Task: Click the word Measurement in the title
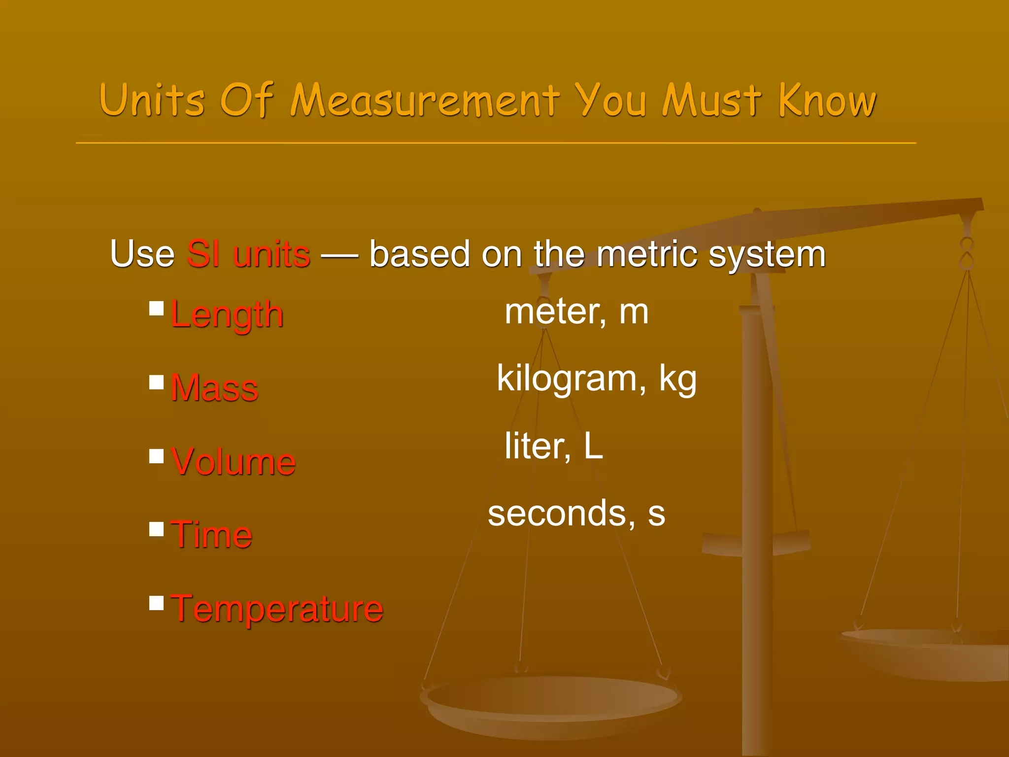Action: (425, 101)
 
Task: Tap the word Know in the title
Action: (827, 101)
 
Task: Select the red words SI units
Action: (248, 254)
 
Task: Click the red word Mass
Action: (214, 388)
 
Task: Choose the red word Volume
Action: (233, 462)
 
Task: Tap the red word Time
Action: (211, 535)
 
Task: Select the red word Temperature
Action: (277, 609)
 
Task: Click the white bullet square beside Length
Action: (156, 309)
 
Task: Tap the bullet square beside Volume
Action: (156, 456)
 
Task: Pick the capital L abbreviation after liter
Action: (594, 447)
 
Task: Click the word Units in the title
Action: (152, 101)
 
